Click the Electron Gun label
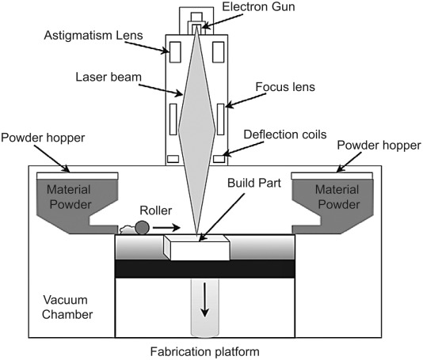pyautogui.click(x=258, y=6)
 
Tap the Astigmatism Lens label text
pyautogui.click(x=93, y=36)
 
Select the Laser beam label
pyautogui.click(x=109, y=77)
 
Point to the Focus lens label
pyautogui.click(x=285, y=87)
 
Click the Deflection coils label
pyautogui.click(x=285, y=135)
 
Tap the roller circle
pyautogui.click(x=142, y=228)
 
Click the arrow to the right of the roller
pyautogui.click(x=166, y=228)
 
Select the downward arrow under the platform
pyautogui.click(x=204, y=300)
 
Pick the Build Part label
pyautogui.click(x=254, y=183)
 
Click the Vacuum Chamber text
pyautogui.click(x=67, y=307)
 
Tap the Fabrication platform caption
pyautogui.click(x=204, y=351)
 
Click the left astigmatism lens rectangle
pyautogui.click(x=175, y=52)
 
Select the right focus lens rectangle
pyautogui.click(x=221, y=119)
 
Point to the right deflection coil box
pyautogui.click(x=219, y=159)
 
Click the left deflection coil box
pyautogui.click(x=173, y=159)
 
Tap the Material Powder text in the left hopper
pyautogui.click(x=70, y=197)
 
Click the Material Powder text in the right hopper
pyautogui.click(x=337, y=197)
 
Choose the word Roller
pyautogui.click(x=156, y=210)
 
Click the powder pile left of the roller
pyautogui.click(x=128, y=230)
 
